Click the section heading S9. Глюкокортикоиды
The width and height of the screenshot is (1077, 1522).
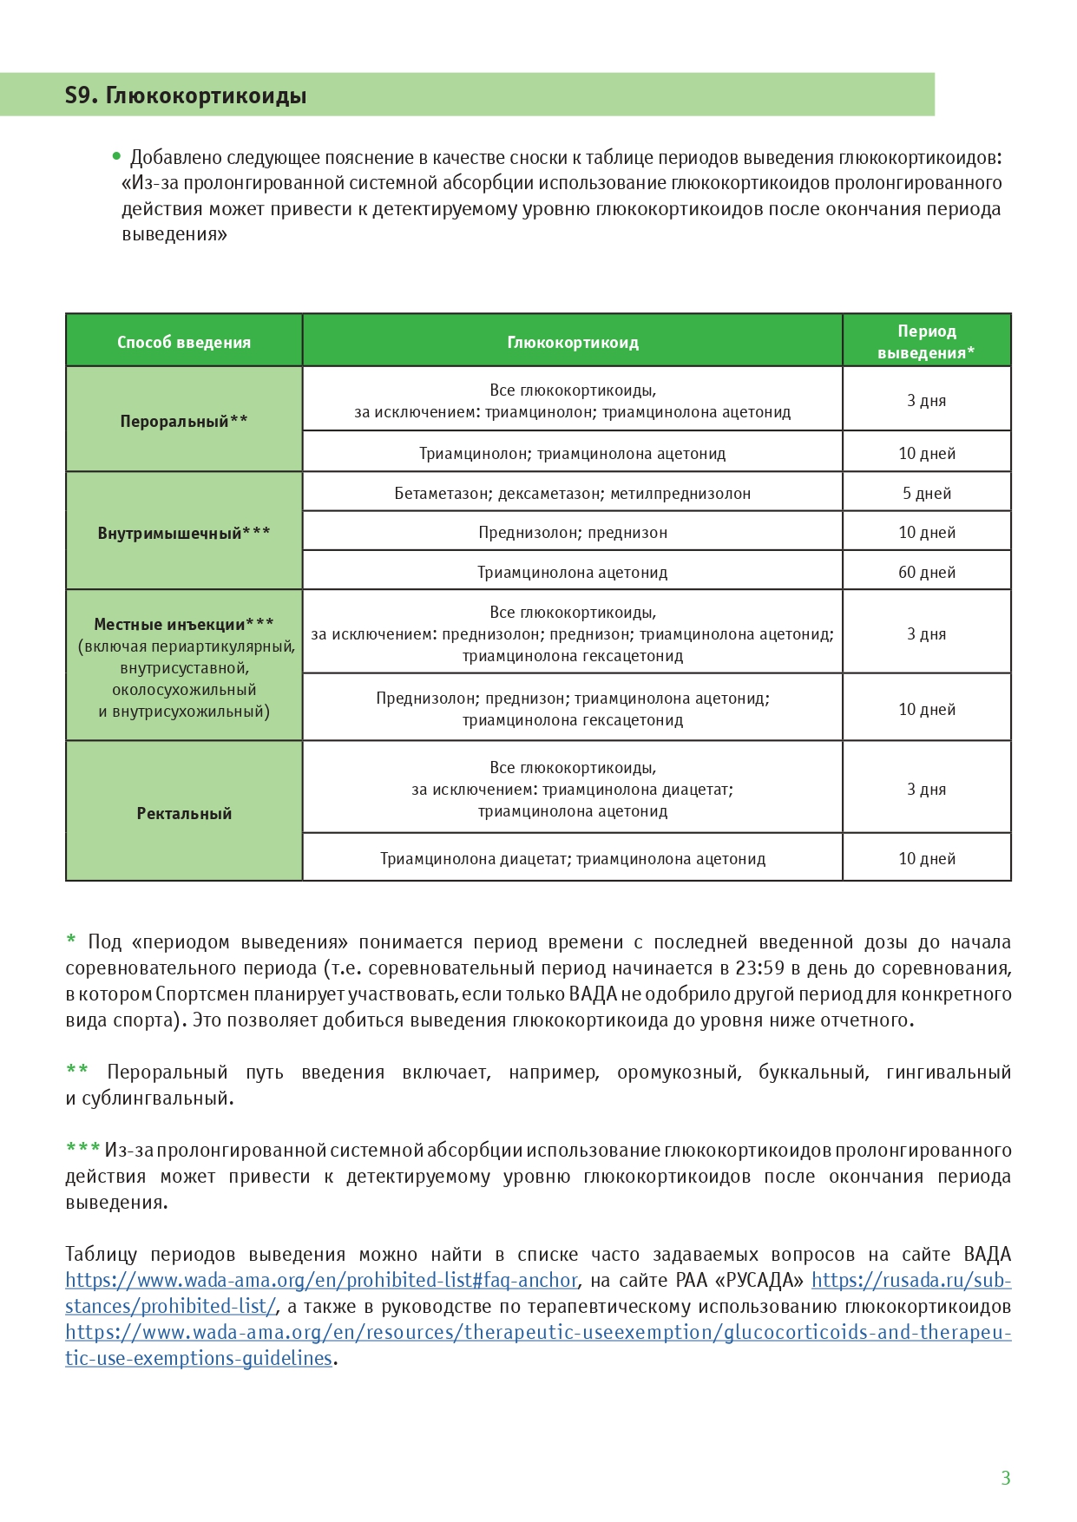[x=186, y=95]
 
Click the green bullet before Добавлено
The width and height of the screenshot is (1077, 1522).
[x=116, y=157]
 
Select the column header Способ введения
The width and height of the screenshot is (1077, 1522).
[x=184, y=342]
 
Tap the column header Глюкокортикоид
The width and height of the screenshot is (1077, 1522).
[x=573, y=342]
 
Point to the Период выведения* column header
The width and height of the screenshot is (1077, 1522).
[x=926, y=342]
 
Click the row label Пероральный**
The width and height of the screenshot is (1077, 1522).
[x=184, y=421]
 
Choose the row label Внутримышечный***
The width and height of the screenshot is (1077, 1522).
[x=184, y=533]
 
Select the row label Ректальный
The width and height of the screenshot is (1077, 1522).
[x=184, y=813]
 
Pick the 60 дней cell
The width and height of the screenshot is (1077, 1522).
[x=927, y=572]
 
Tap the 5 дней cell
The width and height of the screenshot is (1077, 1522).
[x=927, y=493]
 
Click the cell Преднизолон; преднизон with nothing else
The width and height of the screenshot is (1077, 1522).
[x=573, y=532]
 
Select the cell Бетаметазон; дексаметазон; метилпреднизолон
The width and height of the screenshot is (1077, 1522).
[x=573, y=493]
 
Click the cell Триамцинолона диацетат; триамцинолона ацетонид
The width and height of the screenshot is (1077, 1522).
[x=573, y=858]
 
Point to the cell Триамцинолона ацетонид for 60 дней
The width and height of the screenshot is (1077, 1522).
[x=573, y=572]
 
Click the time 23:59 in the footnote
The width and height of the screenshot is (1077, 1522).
[x=760, y=968]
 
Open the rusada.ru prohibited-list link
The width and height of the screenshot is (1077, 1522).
[x=911, y=1280]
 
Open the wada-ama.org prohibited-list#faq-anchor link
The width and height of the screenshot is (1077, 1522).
[x=321, y=1280]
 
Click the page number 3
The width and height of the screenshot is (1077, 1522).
[x=1006, y=1478]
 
